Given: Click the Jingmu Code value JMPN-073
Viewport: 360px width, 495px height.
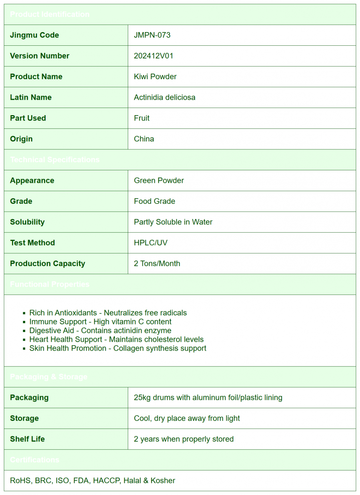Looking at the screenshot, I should point(152,35).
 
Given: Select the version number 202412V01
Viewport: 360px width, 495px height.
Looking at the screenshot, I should point(153,56).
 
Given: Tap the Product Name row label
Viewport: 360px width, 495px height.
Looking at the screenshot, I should point(36,77).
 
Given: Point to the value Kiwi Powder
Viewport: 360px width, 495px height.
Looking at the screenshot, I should point(155,77).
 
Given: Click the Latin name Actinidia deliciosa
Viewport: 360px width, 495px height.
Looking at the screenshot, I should point(165,98).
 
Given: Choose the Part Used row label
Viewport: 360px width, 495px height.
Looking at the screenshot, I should point(28,118).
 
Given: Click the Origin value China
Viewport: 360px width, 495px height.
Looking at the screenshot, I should point(144,139).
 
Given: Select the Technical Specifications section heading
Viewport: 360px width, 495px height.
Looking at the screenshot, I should point(55,160).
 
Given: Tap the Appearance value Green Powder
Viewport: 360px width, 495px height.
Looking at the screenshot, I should point(159,180).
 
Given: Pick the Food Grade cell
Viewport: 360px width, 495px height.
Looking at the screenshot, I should point(154,201).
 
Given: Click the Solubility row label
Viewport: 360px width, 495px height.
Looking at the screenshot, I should point(27,222).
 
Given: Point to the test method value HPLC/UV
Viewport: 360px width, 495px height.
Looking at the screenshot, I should point(150,243).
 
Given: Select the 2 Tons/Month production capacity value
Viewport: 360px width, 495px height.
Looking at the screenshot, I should point(157,264).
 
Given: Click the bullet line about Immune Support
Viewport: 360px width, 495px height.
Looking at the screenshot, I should point(100,322).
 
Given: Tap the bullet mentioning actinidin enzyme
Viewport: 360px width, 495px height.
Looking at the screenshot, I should point(100,330).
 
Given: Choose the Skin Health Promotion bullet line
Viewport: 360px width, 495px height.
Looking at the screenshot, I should point(118,348).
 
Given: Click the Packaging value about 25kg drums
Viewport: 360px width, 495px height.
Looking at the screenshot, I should point(208,397).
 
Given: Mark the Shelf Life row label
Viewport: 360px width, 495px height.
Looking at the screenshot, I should point(27,439).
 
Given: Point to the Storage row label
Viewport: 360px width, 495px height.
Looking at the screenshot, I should point(24,418).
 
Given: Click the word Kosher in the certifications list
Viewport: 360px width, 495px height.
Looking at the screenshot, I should point(163,481).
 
